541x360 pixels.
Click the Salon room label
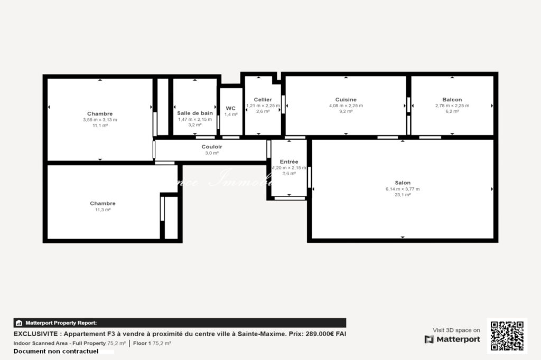[402, 183]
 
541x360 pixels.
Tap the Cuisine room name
[346, 99]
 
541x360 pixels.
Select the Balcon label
[452, 99]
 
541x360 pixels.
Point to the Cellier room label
[263, 99]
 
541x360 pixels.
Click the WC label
[231, 108]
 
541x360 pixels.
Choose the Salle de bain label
[195, 113]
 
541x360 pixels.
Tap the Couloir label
[212, 147]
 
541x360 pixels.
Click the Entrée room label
[289, 162]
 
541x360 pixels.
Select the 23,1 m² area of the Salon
[402, 195]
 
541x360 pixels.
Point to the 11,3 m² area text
[102, 210]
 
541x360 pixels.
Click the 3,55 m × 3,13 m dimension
[100, 120]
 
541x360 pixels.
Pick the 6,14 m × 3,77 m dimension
[402, 189]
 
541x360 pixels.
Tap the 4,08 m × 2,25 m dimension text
[346, 106]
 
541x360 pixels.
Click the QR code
[507, 336]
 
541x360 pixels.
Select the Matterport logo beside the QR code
[452, 339]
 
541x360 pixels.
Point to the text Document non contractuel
[56, 351]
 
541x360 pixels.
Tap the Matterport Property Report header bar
[180, 323]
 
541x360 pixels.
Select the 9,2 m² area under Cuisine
[346, 111]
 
